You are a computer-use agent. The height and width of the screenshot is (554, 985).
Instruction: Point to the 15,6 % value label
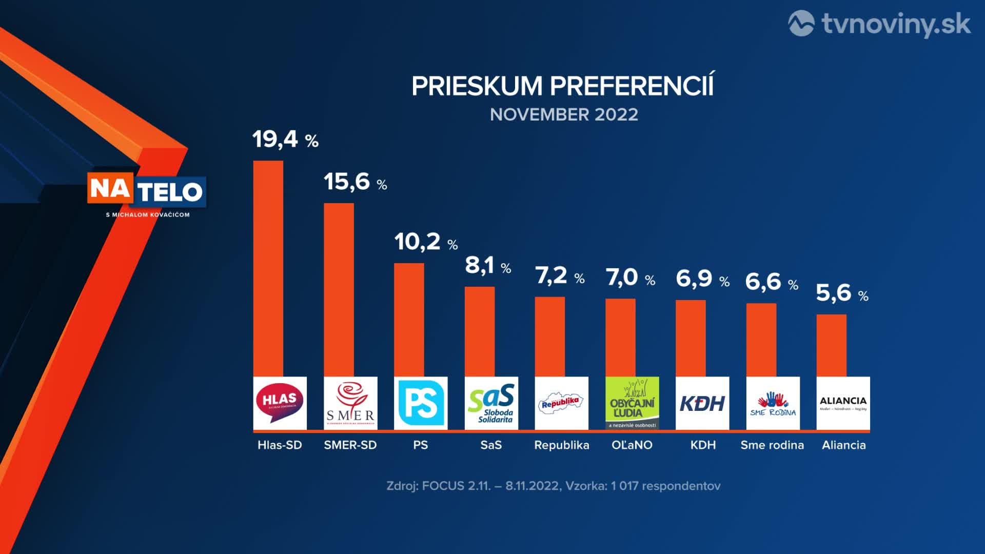coord(355,182)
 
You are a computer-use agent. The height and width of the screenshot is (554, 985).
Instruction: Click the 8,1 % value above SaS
coord(488,266)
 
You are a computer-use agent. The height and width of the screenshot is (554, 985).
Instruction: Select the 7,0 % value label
coord(631,278)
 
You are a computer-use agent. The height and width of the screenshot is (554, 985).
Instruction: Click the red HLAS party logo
coord(280,403)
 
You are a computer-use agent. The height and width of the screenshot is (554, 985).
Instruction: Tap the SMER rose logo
coord(350,403)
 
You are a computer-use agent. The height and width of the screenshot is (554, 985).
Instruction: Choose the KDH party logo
coord(702,403)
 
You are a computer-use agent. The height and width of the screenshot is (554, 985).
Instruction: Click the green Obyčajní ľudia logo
coord(632,403)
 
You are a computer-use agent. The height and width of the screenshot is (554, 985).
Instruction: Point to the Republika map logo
coord(561,403)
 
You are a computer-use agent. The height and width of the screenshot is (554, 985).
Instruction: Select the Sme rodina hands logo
coord(773,403)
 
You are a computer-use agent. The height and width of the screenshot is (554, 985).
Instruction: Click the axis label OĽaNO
coord(632,445)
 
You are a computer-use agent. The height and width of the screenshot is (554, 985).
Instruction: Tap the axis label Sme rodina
coord(772,445)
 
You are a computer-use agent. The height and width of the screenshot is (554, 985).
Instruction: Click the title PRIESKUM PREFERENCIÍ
coord(562,86)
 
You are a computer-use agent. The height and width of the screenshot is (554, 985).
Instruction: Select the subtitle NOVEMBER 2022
coord(564,114)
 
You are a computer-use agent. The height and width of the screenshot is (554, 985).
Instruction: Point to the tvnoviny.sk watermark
coord(879,24)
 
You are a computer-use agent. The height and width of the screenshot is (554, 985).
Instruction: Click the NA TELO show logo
coord(147,191)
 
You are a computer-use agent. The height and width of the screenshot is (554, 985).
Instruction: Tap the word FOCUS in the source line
coord(443,486)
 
